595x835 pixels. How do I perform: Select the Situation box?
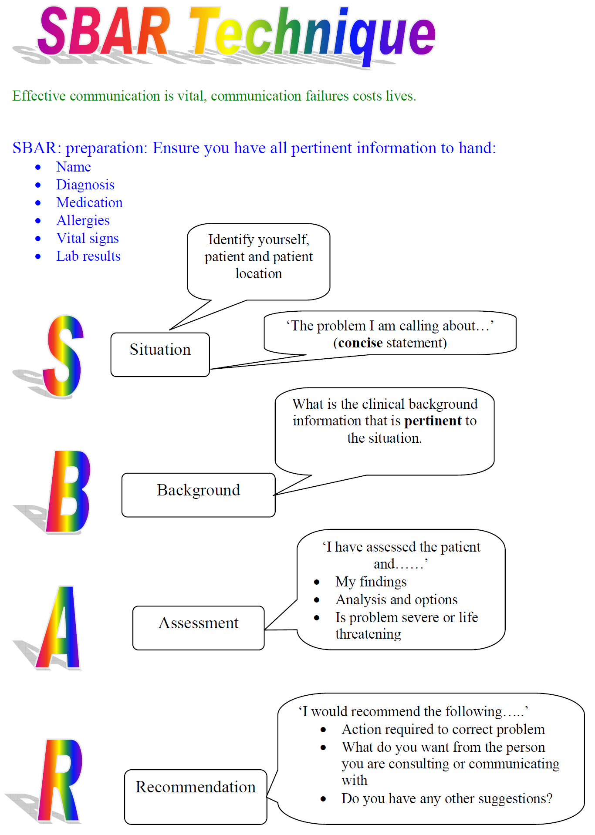[x=160, y=354]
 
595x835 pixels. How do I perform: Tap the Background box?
[x=199, y=495]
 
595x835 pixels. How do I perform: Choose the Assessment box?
[x=199, y=627]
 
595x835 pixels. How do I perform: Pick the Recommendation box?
[x=196, y=796]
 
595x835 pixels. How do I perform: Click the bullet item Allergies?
[x=83, y=221]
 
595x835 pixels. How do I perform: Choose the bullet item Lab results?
[x=88, y=256]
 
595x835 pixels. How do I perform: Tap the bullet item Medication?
[x=89, y=202]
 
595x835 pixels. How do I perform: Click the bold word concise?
[x=360, y=343]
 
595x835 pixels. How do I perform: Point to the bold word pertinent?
[x=433, y=421]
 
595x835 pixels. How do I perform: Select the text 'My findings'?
[x=371, y=582]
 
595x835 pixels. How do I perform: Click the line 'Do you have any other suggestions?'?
[x=447, y=798]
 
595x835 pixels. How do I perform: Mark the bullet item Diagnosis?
[x=85, y=185]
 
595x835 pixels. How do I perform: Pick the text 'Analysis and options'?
[x=396, y=599]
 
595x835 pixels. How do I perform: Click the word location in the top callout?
[x=259, y=273]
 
